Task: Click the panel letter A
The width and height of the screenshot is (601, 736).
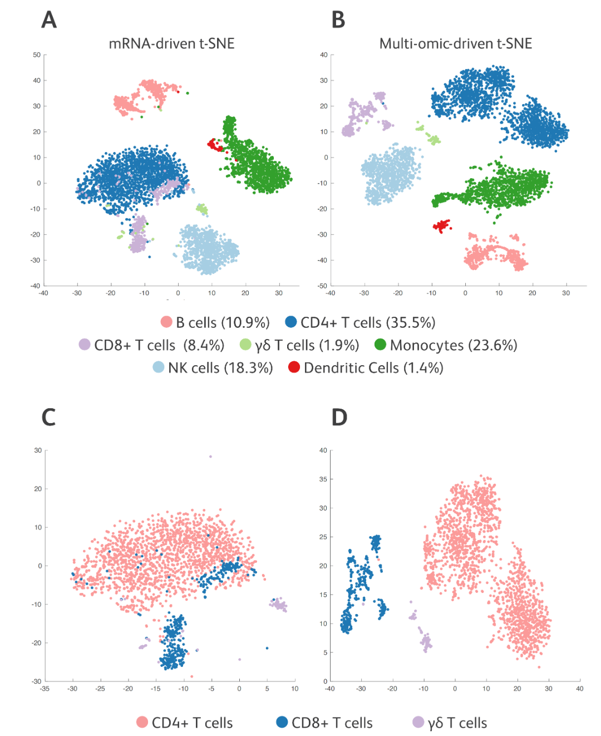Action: coord(49,20)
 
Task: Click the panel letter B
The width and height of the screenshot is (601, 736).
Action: coord(338,20)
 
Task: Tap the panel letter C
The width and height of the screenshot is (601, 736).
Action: coord(49,417)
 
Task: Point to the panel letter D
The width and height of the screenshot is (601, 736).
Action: coord(339,417)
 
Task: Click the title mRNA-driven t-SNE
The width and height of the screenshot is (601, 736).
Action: coord(171,43)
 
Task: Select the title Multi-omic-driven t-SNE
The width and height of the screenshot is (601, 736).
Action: coord(456,43)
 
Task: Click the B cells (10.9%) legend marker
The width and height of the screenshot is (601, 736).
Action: coord(166,322)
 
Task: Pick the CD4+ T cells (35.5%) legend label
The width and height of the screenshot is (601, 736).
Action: coord(368,322)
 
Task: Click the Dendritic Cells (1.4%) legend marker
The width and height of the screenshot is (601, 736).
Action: coord(294,367)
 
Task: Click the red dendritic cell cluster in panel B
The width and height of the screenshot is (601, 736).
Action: coord(442,225)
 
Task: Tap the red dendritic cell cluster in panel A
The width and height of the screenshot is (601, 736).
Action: coord(215,145)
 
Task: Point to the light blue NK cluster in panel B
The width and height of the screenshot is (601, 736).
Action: coord(391,174)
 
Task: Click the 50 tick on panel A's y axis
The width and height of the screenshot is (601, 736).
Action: coord(37,55)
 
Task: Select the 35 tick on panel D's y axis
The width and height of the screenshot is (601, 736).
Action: coord(323,479)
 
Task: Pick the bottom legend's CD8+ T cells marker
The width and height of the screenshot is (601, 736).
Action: coord(282,722)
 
